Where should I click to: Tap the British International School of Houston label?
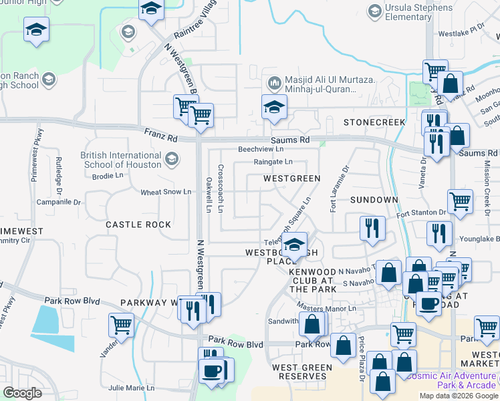coord(121,160)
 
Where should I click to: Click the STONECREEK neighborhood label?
coord(374,122)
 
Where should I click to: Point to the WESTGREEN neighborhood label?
coord(291,178)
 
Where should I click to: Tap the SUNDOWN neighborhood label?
coord(374,200)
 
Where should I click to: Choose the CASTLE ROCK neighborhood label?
coord(138,225)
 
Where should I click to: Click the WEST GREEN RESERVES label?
coord(302,372)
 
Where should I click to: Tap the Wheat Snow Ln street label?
coord(166,192)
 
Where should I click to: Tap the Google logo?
coord(22,393)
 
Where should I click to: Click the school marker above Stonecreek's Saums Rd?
coord(274,107)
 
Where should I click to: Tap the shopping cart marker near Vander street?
coord(121,325)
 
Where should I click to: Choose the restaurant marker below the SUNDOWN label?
coord(370,228)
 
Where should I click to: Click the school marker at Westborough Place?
coord(293,245)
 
